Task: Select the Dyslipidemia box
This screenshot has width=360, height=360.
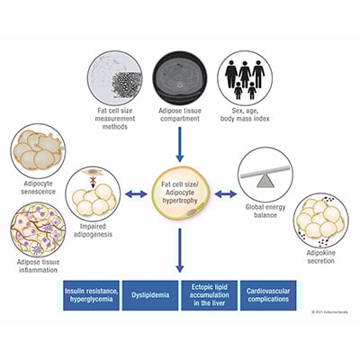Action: [153, 296]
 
